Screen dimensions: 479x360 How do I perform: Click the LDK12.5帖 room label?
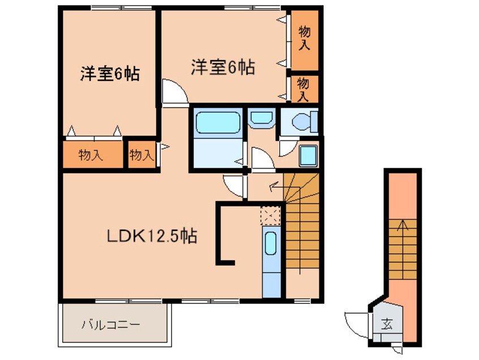[152, 236]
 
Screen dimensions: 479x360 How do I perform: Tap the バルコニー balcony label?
[110, 324]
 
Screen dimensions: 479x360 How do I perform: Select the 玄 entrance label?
[387, 324]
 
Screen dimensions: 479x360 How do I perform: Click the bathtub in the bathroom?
[217, 122]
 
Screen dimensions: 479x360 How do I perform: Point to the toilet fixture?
[304, 122]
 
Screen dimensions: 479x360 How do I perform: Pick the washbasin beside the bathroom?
[260, 118]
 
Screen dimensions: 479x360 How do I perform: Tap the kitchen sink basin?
[271, 243]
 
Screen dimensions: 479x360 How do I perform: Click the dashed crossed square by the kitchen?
[270, 216]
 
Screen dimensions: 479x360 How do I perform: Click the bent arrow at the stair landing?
[275, 186]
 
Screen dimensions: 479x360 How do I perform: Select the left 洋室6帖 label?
[110, 74]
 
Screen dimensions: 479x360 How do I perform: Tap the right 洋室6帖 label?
[223, 67]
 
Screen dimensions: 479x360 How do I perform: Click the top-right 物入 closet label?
[304, 38]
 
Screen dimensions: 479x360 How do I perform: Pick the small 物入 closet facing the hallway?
[142, 155]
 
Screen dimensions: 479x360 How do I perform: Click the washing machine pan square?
[308, 156]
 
